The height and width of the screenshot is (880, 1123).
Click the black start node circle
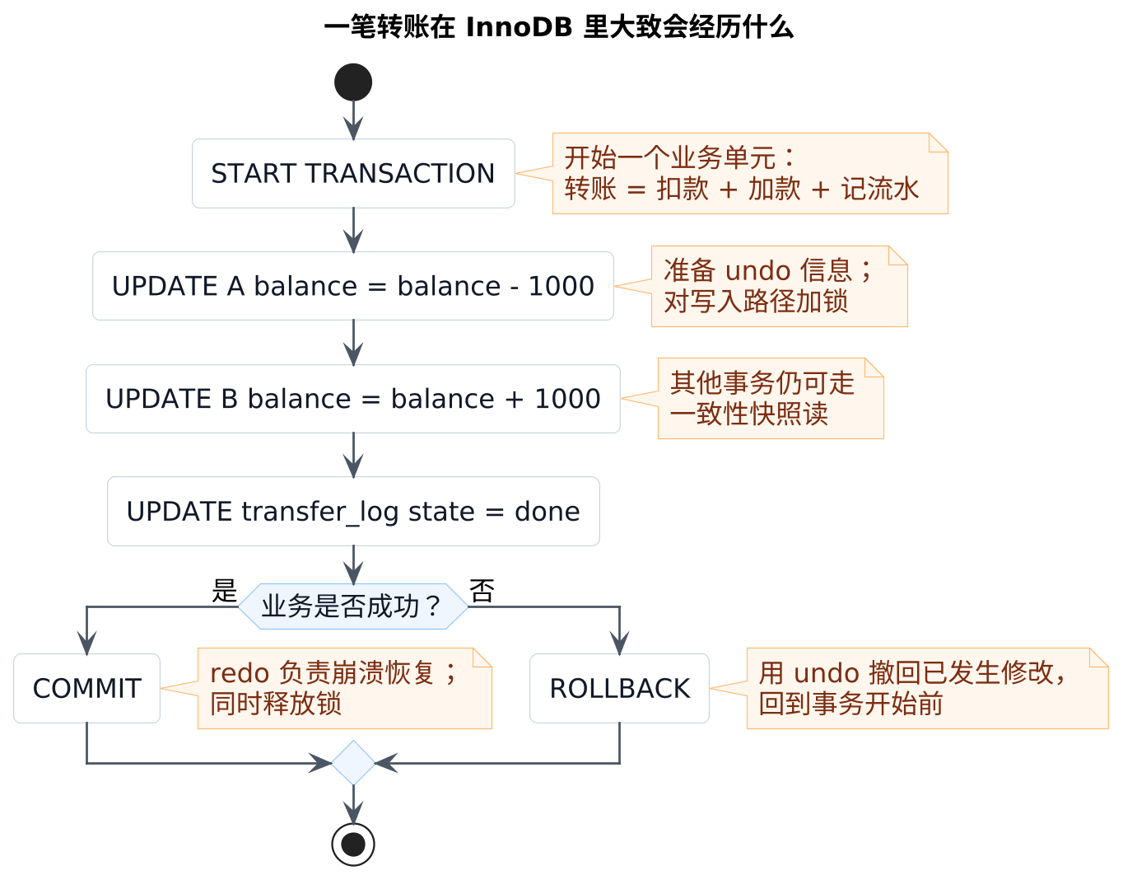coord(353,82)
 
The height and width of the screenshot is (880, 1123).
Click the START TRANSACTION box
coord(353,173)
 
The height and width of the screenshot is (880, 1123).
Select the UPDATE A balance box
coord(353,286)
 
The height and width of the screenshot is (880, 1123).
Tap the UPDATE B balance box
coord(353,399)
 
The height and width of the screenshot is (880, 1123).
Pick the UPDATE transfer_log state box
coord(353,512)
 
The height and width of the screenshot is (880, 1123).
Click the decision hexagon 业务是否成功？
coord(353,606)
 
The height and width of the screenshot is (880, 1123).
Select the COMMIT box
coord(86,688)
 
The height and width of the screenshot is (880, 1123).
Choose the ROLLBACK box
coord(619,688)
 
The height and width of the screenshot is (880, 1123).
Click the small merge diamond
coord(353,763)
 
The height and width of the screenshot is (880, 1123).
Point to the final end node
coord(353,845)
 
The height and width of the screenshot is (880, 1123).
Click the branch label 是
coord(224,591)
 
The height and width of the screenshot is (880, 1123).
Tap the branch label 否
coord(482,591)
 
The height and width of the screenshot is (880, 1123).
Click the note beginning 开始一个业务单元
coord(750,173)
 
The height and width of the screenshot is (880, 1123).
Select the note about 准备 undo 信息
coord(780,286)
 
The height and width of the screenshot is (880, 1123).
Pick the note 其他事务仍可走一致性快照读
coord(771,399)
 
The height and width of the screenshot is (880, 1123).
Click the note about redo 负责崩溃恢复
coord(345,688)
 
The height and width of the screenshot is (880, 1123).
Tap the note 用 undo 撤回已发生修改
coord(927,688)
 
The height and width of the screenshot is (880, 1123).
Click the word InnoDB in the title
coord(519,27)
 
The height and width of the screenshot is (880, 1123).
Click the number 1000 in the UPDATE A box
coord(561,286)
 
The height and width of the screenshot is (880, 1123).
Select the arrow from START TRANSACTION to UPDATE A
coord(353,230)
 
